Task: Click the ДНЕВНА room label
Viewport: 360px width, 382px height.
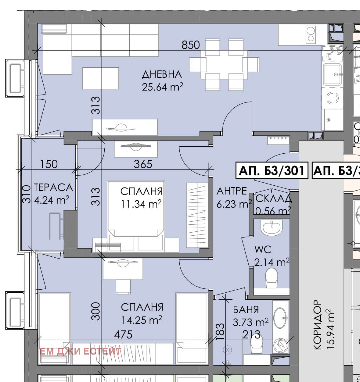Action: [162, 75]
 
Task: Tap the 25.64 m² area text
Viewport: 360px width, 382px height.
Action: [162, 87]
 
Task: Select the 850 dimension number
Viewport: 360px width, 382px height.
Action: [191, 45]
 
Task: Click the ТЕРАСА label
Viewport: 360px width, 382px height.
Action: [53, 187]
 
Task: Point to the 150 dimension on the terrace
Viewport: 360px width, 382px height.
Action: [49, 164]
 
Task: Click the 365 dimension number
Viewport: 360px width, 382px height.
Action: [143, 164]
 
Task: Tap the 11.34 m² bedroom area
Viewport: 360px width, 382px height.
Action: [141, 204]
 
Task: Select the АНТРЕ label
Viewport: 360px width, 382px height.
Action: [232, 191]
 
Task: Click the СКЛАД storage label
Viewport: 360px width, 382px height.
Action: [274, 199]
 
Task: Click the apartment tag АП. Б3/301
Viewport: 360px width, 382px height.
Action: [272, 171]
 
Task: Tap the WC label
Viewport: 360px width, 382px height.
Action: [263, 249]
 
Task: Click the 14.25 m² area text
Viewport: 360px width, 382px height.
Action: [142, 320]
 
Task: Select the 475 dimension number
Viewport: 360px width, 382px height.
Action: [123, 334]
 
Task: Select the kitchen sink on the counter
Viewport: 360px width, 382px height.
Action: [332, 74]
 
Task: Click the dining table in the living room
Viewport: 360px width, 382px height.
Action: [224, 65]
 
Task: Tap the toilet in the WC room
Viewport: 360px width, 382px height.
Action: [272, 278]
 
